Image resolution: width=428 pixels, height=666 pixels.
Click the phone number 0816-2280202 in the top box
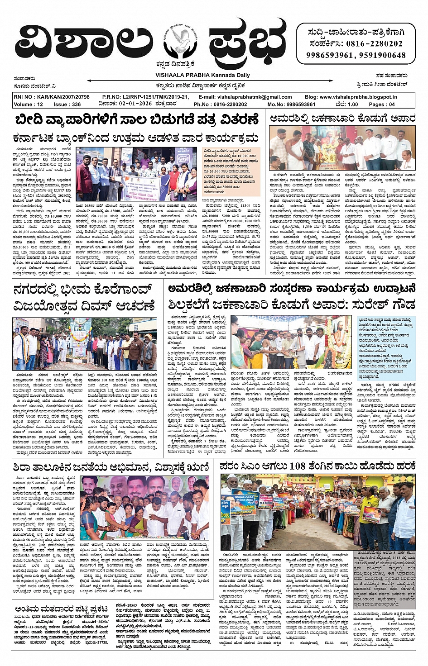click(x=374, y=44)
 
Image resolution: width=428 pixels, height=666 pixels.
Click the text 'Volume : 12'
click(x=29, y=104)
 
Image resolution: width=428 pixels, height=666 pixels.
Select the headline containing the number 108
click(x=317, y=466)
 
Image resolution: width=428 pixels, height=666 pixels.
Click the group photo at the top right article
click(x=342, y=148)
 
